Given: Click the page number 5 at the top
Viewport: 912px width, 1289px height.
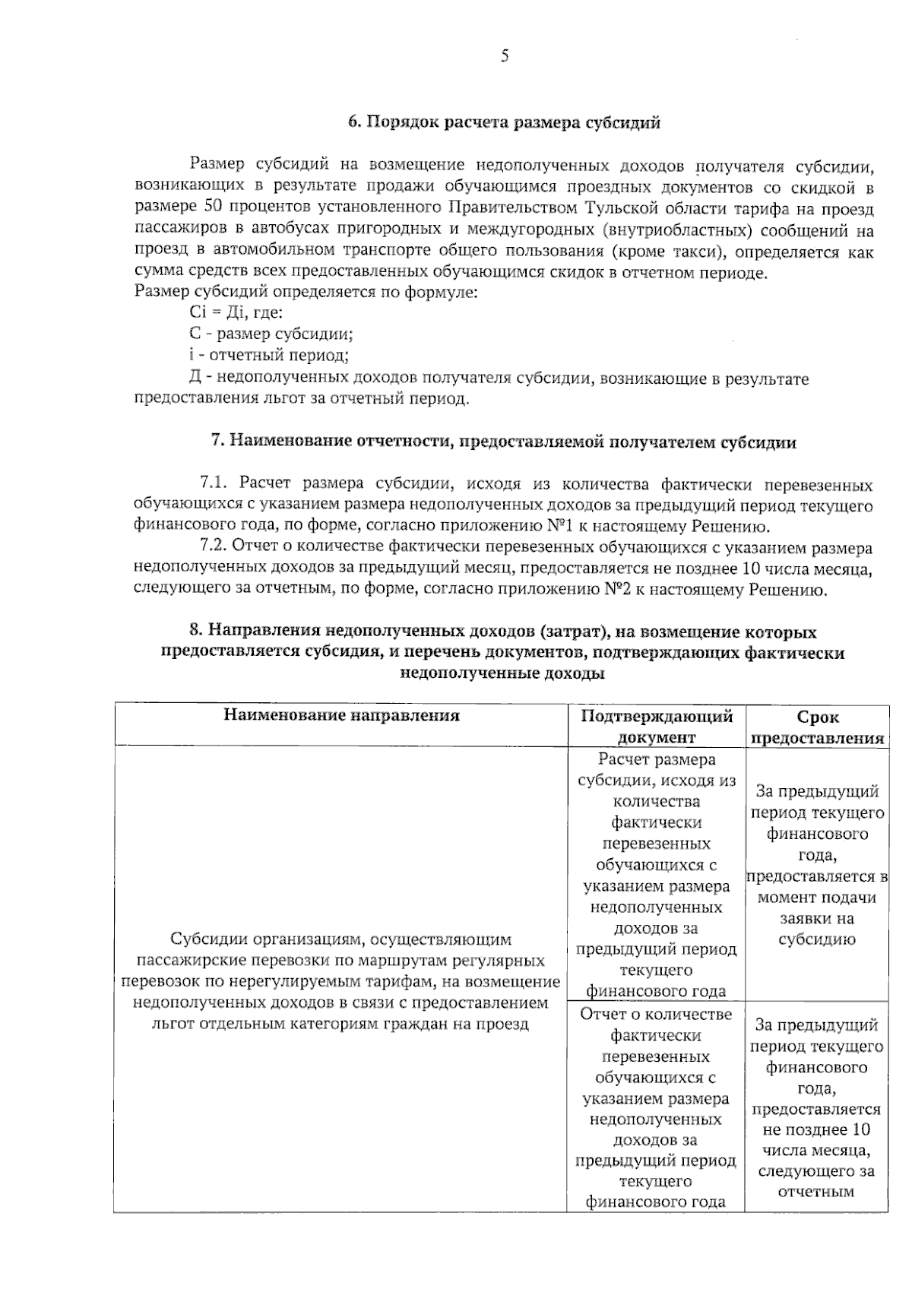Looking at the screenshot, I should (x=504, y=56).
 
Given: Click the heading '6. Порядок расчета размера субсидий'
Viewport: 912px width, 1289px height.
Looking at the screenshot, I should (x=504, y=123).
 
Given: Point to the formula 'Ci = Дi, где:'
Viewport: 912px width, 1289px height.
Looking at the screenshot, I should (x=235, y=312).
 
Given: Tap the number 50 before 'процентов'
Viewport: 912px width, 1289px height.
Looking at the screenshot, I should (x=214, y=207).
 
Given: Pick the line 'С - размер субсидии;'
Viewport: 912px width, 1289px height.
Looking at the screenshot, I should (x=271, y=334).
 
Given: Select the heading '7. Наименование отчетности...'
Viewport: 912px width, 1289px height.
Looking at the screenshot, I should (x=503, y=442).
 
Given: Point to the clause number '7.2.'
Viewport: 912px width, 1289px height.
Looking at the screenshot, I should (x=214, y=547).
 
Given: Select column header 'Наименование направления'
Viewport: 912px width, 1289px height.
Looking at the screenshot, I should (x=341, y=716).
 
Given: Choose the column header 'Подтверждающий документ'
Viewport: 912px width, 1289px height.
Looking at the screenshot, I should (x=657, y=726).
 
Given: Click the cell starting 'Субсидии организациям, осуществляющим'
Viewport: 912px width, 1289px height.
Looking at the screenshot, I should (x=341, y=981).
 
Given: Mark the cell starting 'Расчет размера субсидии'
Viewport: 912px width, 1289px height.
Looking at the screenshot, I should (x=657, y=874).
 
